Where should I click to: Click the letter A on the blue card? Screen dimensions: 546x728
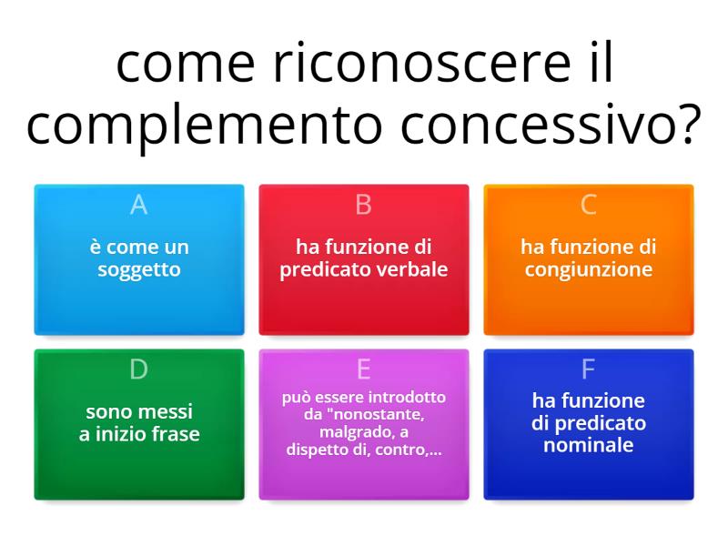138,205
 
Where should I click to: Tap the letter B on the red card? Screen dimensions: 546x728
363,205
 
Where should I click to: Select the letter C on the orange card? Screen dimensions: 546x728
588,205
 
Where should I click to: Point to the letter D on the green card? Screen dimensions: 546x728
138,369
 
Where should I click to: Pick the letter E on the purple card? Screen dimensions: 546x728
363,369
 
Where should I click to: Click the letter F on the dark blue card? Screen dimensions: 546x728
588,369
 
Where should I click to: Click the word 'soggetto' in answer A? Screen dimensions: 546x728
139,270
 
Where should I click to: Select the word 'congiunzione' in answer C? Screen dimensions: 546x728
588,269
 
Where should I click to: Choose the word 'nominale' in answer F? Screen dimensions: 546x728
588,445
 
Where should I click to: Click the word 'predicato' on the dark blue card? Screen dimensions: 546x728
601,423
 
